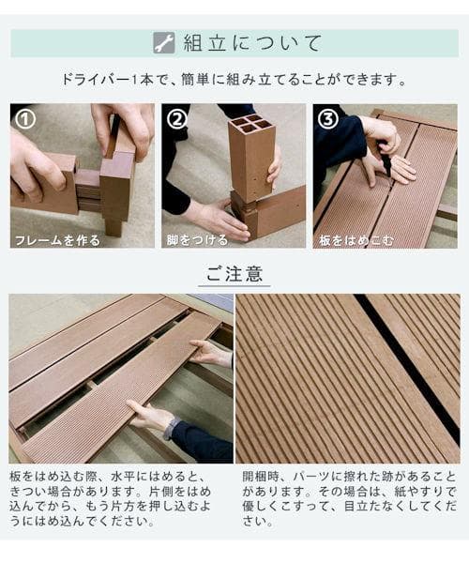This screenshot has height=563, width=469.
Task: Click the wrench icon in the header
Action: pyautogui.click(x=163, y=42)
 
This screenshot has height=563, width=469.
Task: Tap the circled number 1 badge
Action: pyautogui.click(x=26, y=119)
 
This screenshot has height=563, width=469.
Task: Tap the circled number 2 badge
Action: pyautogui.click(x=177, y=119)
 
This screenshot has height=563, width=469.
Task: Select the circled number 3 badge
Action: pyautogui.click(x=328, y=119)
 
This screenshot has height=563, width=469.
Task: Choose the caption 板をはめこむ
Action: pyautogui.click(x=356, y=239)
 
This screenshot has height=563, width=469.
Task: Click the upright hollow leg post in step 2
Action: pyautogui.click(x=250, y=160)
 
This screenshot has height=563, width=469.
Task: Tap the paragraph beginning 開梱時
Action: pyautogui.click(x=349, y=498)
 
